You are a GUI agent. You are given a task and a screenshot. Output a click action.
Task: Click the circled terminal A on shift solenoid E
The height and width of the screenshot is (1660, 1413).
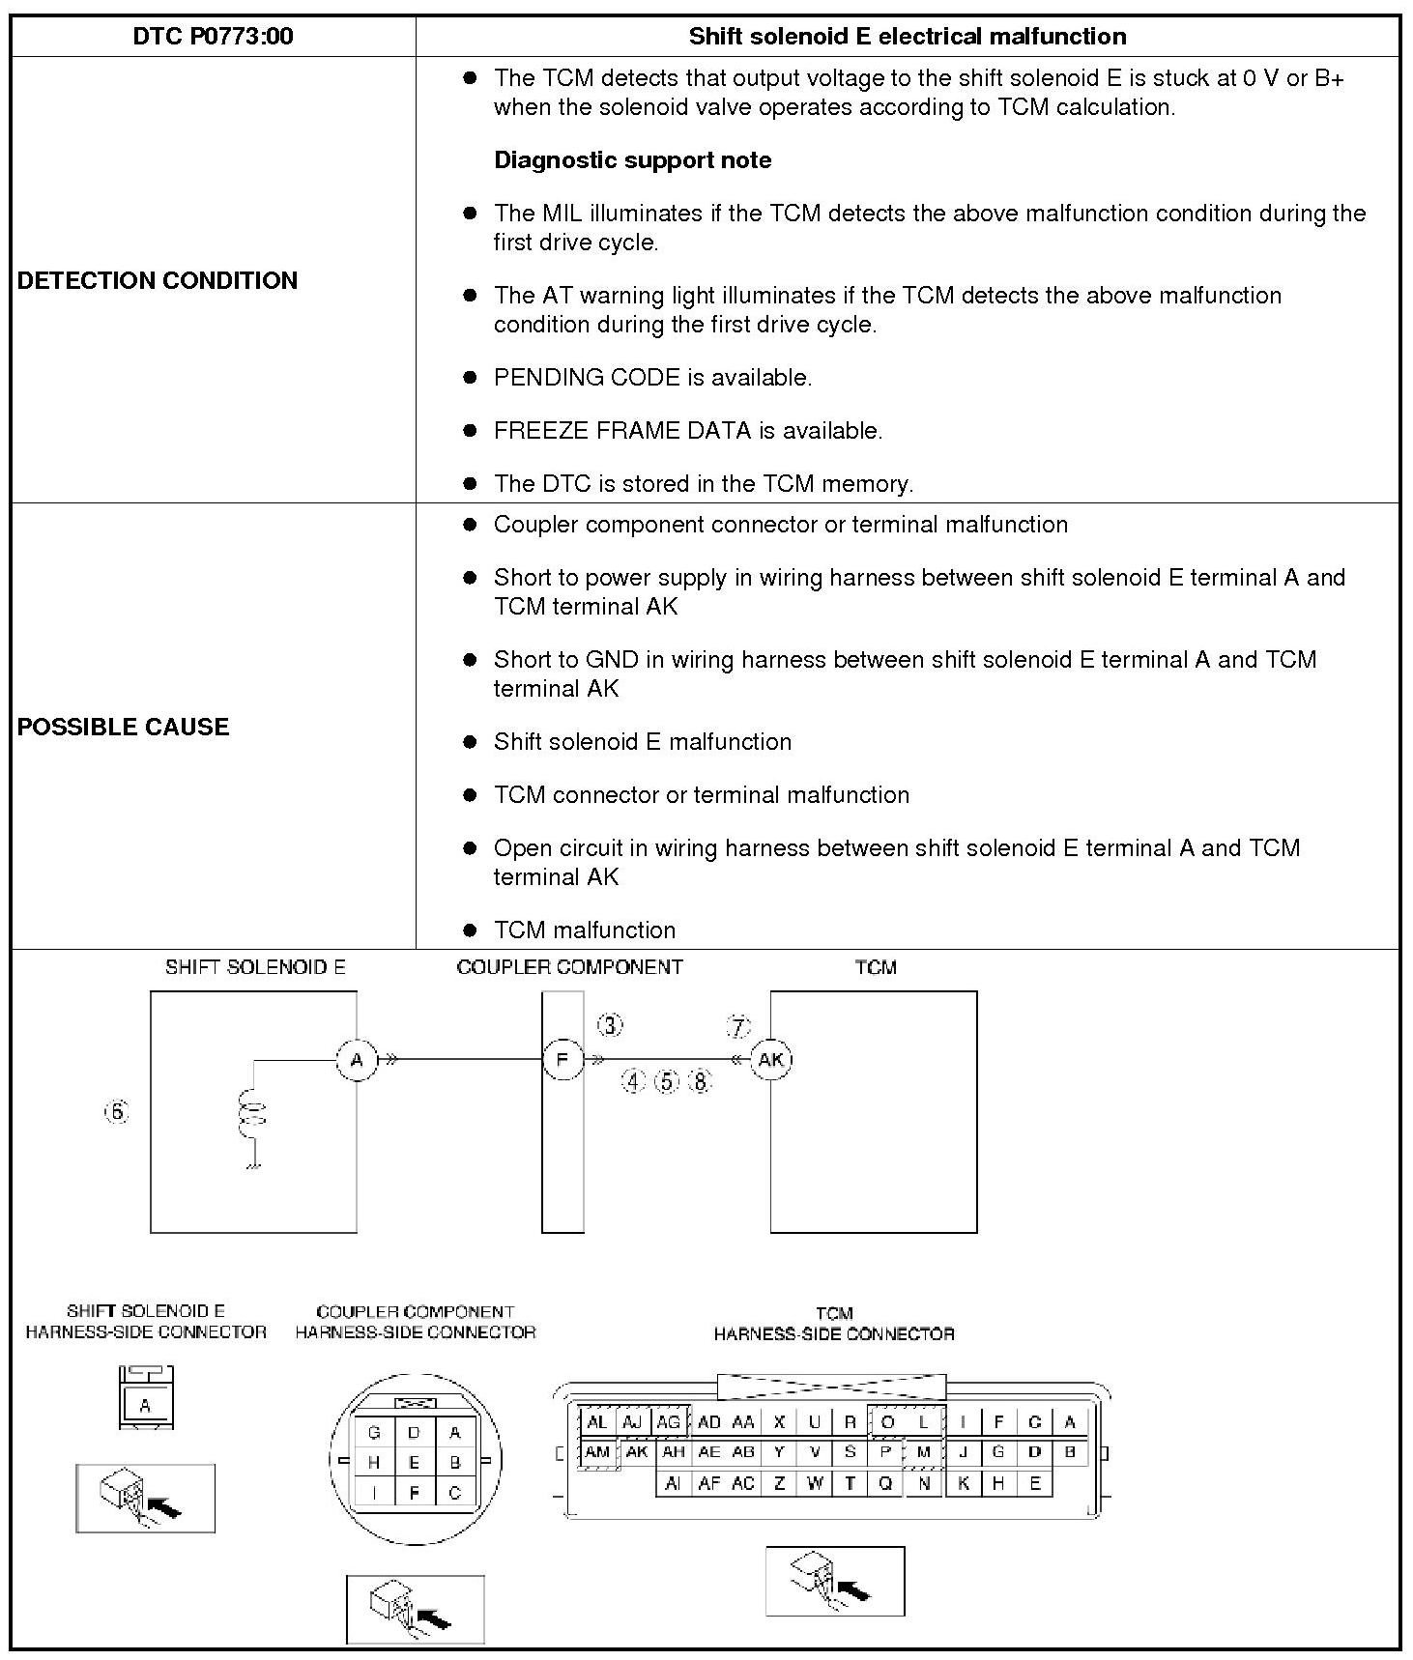click(357, 1060)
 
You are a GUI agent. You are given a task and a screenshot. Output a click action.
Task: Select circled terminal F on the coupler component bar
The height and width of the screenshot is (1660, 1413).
click(562, 1060)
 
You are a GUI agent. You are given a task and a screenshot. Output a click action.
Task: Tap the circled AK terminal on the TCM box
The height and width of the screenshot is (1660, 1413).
click(770, 1060)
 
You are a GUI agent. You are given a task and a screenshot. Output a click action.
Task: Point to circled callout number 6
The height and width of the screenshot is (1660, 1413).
click(117, 1112)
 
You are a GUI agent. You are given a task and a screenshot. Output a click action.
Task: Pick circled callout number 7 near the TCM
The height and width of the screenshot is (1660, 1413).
click(738, 1026)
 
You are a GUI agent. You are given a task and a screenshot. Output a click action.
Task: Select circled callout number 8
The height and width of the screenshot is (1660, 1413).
click(700, 1081)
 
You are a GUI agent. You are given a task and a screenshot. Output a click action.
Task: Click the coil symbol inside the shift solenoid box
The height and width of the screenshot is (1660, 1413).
click(253, 1111)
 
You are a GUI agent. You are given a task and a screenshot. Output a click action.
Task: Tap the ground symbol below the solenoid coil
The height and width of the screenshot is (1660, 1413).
click(253, 1167)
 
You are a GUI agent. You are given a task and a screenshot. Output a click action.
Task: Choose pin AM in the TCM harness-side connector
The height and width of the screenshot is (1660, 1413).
click(598, 1452)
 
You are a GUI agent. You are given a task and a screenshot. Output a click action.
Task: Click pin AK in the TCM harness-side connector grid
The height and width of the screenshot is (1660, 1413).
click(636, 1452)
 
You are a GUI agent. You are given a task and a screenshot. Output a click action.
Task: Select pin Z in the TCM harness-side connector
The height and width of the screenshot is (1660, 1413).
click(779, 1483)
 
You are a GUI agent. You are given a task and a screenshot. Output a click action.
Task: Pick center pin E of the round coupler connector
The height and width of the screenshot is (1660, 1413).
click(414, 1463)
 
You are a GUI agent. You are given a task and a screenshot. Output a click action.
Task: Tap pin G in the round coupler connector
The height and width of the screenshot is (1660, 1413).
click(374, 1433)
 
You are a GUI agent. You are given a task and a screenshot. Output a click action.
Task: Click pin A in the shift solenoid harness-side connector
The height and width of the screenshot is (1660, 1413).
click(145, 1406)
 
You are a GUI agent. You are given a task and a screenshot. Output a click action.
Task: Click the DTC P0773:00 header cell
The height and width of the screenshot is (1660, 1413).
click(213, 37)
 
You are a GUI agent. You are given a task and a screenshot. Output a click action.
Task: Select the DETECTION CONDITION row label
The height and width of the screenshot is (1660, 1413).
click(158, 280)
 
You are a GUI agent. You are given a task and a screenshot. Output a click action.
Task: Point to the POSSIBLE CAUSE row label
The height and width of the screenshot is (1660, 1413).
click(124, 727)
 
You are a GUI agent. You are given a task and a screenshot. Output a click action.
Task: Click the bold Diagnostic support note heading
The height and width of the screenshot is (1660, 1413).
click(632, 160)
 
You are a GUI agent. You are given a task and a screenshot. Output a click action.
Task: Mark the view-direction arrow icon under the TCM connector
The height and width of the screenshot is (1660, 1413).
click(835, 1582)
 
